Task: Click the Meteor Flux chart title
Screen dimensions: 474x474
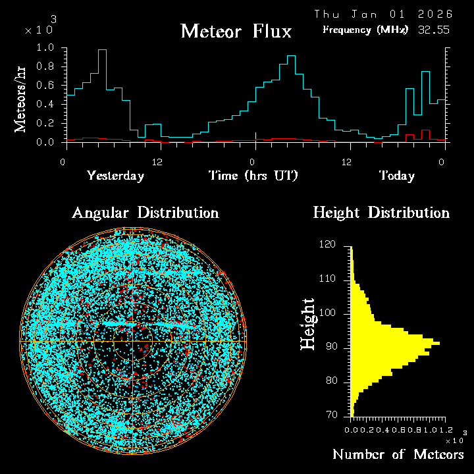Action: point(235,31)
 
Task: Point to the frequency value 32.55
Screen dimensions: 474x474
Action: point(433,30)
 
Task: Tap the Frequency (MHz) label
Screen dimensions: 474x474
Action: point(365,30)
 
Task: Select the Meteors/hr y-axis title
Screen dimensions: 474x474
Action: point(21,98)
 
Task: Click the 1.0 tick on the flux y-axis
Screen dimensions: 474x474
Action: point(45,48)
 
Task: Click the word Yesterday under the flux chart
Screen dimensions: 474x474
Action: point(115,176)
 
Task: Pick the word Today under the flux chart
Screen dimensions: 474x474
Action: point(396,176)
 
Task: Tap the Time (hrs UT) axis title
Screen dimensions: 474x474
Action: point(253,176)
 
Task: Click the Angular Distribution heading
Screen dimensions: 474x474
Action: point(145,213)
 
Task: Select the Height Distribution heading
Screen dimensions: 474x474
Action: point(381,213)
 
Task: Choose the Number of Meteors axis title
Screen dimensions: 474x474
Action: point(398,455)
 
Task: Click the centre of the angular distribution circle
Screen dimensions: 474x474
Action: point(133,342)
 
